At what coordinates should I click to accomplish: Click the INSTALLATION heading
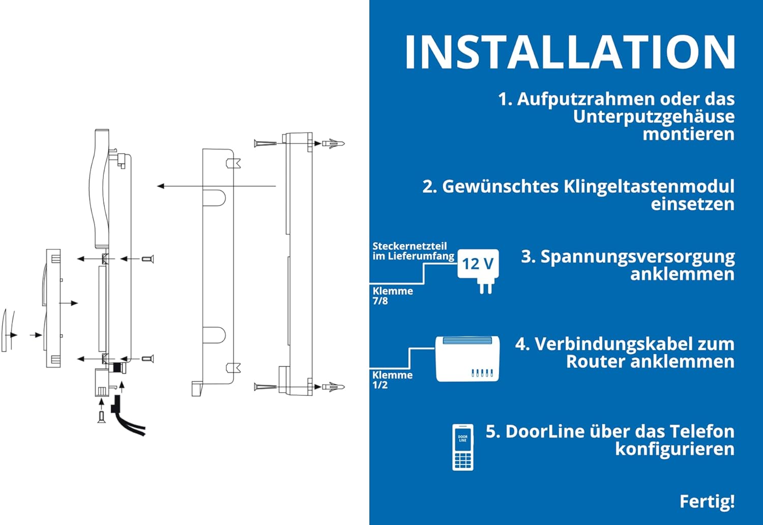[570, 52]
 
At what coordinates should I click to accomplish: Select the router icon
[467, 359]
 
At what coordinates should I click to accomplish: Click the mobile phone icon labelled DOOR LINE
[462, 447]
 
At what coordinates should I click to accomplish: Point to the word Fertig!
[707, 502]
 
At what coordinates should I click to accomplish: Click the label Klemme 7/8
[392, 296]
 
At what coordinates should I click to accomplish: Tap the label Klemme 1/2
[392, 380]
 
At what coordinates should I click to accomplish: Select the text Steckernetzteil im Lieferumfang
[413, 251]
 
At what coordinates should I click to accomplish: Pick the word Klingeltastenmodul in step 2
[649, 187]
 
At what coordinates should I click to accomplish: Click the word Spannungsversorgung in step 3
[638, 257]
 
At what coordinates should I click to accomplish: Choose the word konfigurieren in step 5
[675, 449]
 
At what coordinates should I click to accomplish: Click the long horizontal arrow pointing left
[216, 186]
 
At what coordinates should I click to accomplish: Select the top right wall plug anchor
[334, 143]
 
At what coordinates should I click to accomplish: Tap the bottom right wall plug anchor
[334, 387]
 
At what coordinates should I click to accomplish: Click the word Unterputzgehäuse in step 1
[654, 117]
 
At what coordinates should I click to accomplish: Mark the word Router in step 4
[595, 362]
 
